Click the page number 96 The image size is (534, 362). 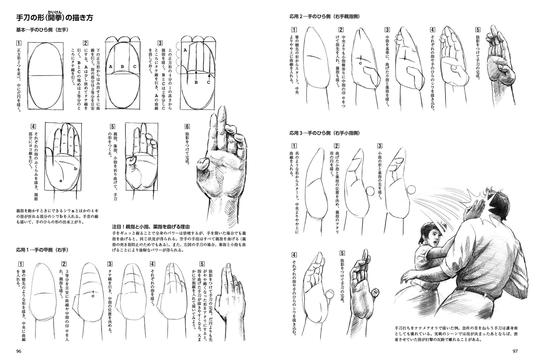[19, 351]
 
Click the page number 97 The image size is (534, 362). [515, 351]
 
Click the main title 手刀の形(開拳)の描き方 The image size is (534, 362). [55, 17]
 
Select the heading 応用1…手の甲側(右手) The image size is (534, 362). [42, 250]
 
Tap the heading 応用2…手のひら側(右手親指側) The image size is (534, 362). [324, 16]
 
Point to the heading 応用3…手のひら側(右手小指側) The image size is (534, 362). [324, 133]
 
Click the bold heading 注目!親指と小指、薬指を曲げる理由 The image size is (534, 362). [151, 226]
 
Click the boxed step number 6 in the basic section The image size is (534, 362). [187, 126]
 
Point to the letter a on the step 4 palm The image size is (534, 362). [61, 181]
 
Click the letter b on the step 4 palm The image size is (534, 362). [75, 168]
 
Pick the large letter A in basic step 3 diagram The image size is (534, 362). [185, 50]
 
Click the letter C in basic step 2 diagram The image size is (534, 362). [135, 66]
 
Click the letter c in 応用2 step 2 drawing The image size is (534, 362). [360, 63]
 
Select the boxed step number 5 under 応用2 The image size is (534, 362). [478, 30]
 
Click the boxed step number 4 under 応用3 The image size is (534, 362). [294, 255]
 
